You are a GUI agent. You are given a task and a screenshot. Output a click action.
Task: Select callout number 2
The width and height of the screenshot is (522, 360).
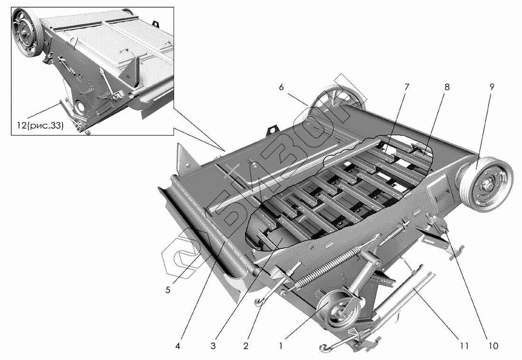click(246, 347)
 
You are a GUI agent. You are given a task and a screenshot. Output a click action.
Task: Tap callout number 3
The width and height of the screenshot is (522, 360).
click(214, 347)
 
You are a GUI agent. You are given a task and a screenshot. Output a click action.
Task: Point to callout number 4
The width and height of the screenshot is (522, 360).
click(178, 347)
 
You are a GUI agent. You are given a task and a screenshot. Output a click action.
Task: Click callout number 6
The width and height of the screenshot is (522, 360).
click(281, 87)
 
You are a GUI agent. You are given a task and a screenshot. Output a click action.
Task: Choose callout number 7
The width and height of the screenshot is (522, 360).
click(407, 87)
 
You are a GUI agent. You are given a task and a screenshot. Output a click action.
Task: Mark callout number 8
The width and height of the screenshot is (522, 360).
click(447, 87)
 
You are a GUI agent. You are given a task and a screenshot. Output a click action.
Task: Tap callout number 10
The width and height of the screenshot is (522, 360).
click(494, 347)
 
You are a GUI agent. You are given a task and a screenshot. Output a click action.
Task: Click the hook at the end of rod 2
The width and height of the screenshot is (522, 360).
click(261, 300)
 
